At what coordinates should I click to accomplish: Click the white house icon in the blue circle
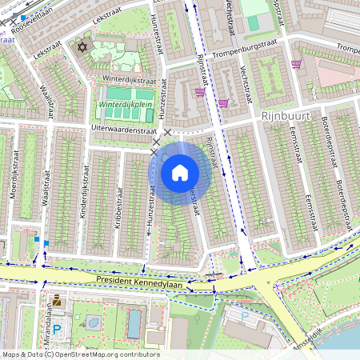pos(180,172)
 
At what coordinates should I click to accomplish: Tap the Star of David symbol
pos(81,47)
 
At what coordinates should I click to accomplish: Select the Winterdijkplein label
pos(126,105)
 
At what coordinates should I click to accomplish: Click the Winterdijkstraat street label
pos(130,80)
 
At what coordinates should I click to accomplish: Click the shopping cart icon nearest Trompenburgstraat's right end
pos(297,65)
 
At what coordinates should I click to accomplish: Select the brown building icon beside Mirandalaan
pos(57,301)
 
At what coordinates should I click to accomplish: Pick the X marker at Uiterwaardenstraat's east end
pos(167,132)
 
